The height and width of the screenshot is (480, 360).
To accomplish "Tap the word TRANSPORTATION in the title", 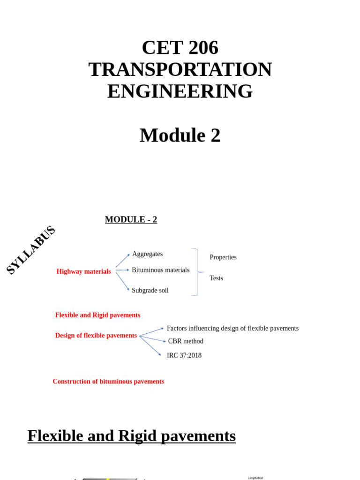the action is (180, 69).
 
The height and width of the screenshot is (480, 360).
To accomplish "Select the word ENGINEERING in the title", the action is (180, 91).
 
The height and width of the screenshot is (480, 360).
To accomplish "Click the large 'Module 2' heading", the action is (180, 135).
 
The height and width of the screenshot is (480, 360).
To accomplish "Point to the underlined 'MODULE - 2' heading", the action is (131, 219).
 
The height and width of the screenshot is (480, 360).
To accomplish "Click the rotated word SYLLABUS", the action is (31, 250).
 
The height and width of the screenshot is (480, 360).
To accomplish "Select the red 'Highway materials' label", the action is (83, 271).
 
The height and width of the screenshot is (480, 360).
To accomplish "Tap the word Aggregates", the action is (147, 254).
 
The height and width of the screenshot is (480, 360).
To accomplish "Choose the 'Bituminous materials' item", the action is (160, 270).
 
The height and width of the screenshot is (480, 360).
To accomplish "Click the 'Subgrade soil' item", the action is (150, 291).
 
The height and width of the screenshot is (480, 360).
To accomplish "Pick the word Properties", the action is (223, 257).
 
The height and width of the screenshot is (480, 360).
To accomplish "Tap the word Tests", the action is (216, 278).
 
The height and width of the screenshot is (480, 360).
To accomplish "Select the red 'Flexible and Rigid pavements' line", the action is (97, 315).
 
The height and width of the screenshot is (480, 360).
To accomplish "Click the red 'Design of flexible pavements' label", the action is (96, 336).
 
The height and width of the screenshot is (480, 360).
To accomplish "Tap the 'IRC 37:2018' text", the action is (184, 355).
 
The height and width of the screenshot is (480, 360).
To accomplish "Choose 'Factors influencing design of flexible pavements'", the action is (232, 329).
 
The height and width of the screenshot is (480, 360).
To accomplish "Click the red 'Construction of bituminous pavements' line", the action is (108, 382).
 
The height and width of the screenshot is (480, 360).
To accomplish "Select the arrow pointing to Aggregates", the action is (123, 261).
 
